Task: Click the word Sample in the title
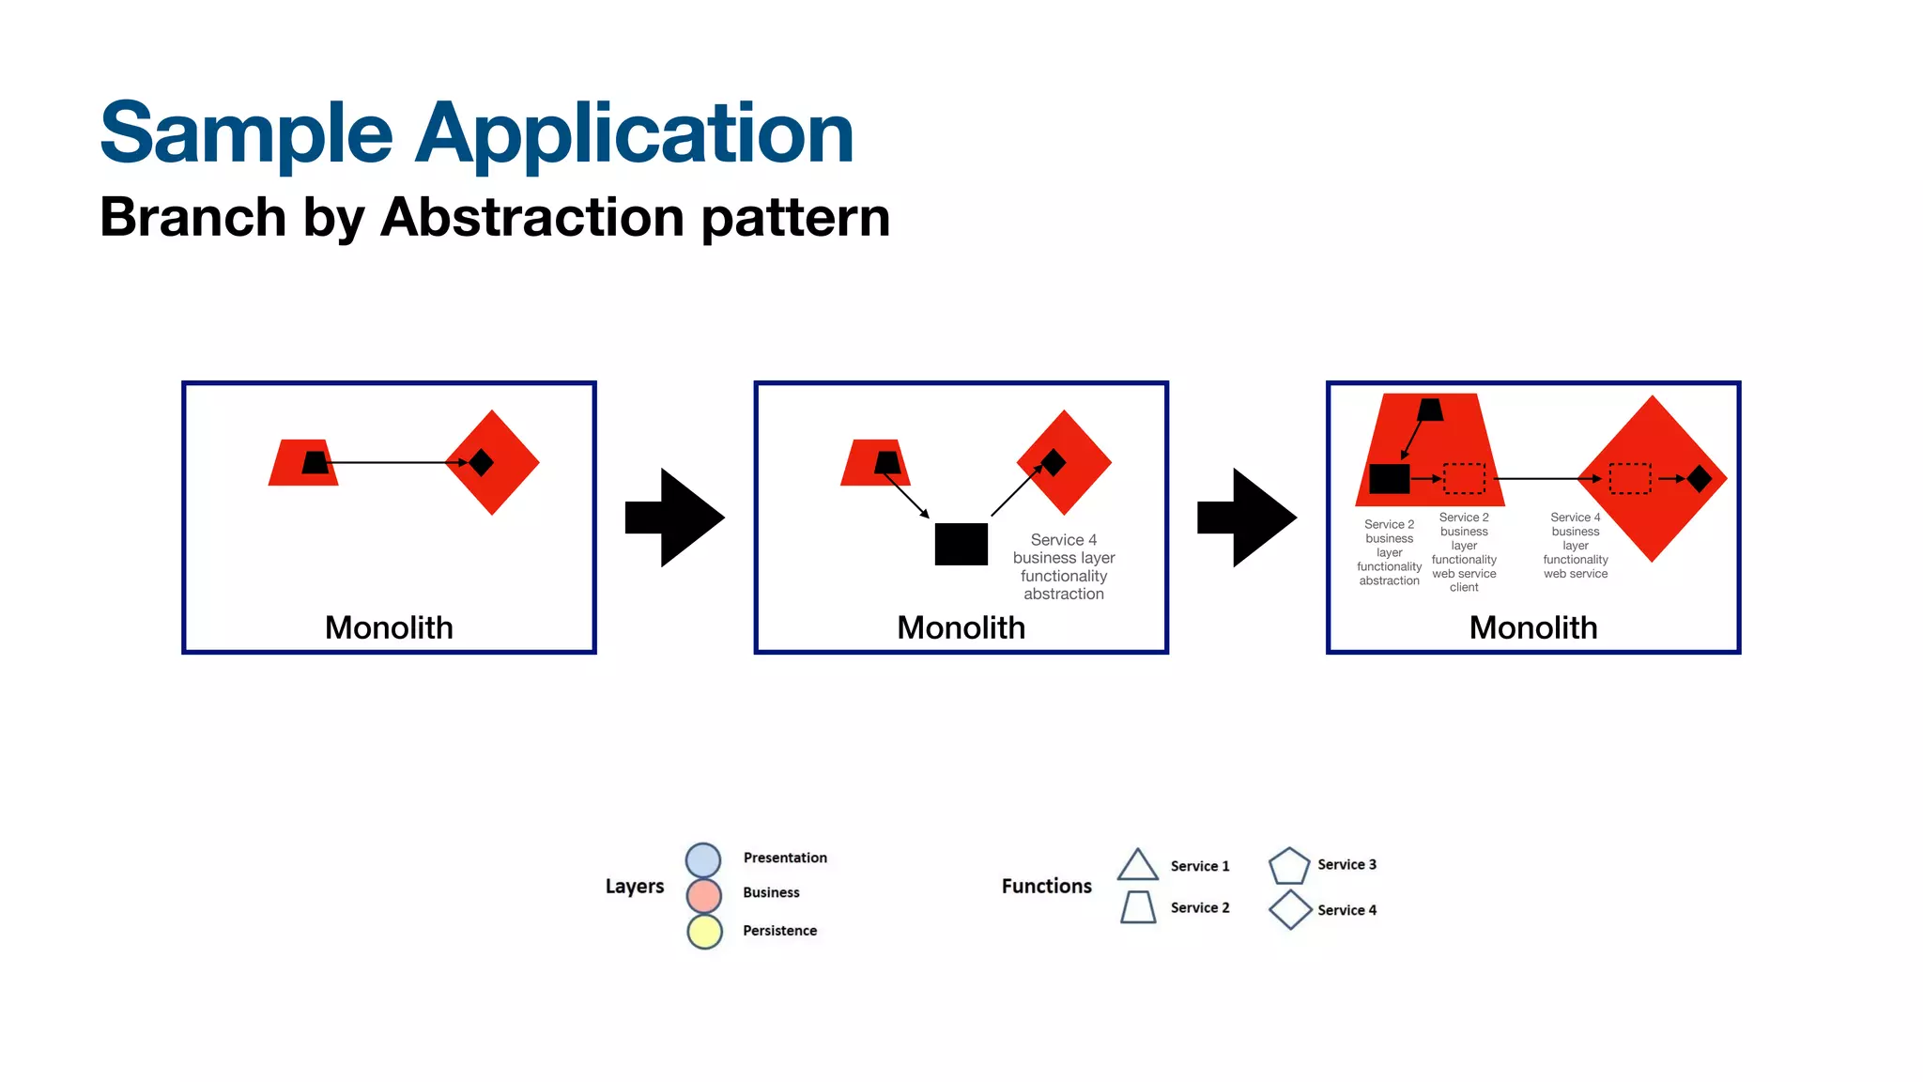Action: click(246, 133)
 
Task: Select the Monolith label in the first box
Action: click(389, 627)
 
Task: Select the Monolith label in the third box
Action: click(1532, 627)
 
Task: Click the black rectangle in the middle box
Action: click(961, 544)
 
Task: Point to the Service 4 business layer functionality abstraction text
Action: click(1064, 566)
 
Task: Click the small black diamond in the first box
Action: click(481, 462)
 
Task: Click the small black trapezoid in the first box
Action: click(315, 462)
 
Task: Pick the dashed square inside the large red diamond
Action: click(1630, 478)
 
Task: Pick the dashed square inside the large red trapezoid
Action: click(1464, 478)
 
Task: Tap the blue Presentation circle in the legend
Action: click(703, 859)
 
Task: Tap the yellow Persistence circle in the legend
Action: click(704, 931)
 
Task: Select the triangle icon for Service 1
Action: click(1137, 866)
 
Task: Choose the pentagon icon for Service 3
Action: click(1288, 866)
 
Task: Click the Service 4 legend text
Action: click(1346, 910)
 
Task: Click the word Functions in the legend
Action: click(1046, 886)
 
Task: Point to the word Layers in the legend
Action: click(635, 886)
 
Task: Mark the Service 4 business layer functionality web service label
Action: click(1576, 546)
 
